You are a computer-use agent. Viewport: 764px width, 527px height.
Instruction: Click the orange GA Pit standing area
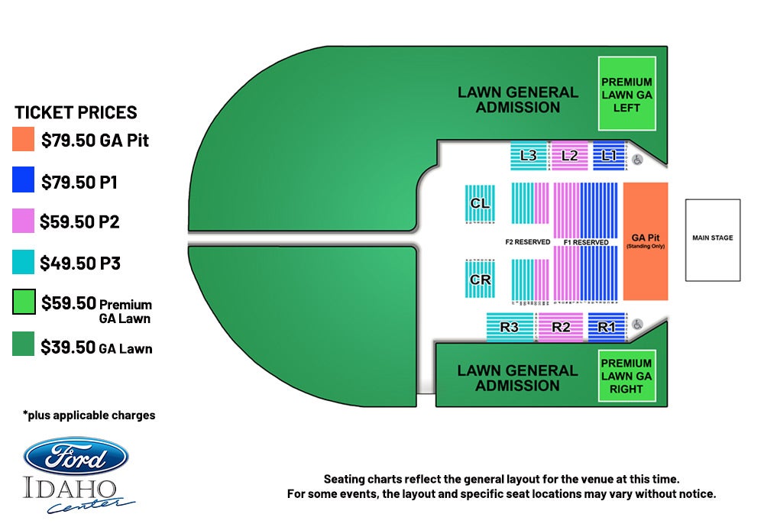[646, 241]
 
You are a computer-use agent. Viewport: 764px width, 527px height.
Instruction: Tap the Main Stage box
[713, 240]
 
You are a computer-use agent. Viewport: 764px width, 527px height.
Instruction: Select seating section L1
[609, 156]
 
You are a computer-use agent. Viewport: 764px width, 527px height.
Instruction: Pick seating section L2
[569, 156]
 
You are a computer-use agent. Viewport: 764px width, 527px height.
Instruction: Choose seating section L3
[529, 156]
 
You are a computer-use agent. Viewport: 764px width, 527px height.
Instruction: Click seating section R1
[607, 327]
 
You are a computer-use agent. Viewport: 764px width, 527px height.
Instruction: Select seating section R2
[561, 327]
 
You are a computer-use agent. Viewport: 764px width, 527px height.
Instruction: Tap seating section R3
[510, 327]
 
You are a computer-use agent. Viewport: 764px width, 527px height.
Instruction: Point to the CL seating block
[480, 204]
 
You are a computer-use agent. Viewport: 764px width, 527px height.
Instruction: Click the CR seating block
[480, 279]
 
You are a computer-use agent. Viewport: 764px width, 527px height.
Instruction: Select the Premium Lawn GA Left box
[626, 93]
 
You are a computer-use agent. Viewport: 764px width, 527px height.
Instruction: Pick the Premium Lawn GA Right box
[626, 376]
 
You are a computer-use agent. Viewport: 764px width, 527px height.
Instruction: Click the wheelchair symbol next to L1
[637, 160]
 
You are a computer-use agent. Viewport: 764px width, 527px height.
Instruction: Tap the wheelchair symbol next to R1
[637, 324]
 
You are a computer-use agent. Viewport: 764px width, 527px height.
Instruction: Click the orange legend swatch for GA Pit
[23, 139]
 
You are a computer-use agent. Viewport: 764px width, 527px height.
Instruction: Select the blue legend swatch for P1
[23, 179]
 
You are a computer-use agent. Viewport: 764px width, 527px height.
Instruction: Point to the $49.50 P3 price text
[80, 263]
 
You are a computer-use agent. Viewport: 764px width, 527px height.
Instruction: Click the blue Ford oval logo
[76, 456]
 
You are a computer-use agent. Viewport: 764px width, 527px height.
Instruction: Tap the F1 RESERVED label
[586, 242]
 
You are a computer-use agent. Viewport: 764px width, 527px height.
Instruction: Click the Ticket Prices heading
[76, 112]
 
